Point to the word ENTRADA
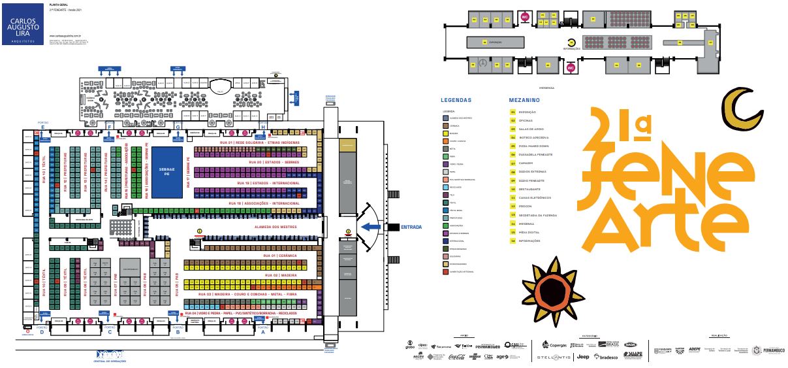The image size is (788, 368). pyautogui.click(x=411, y=227)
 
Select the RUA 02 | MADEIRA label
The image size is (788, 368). pyautogui.click(x=281, y=275)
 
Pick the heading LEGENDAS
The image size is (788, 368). pyautogui.click(x=456, y=101)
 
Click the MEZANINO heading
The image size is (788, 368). pyautogui.click(x=524, y=101)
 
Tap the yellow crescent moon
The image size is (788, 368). pyautogui.click(x=741, y=107)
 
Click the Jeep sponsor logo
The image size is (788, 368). pyautogui.click(x=583, y=357)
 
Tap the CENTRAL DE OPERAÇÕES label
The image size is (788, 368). pyautogui.click(x=109, y=360)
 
